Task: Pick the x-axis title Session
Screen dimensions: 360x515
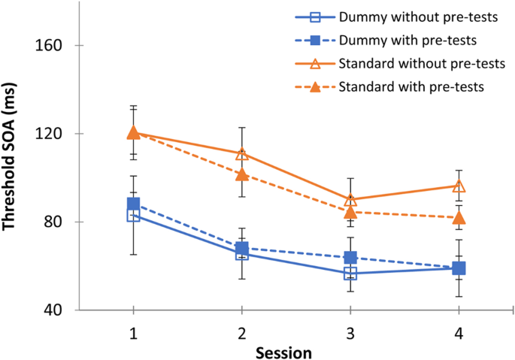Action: click(x=283, y=352)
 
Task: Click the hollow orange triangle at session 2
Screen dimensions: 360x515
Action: click(x=241, y=154)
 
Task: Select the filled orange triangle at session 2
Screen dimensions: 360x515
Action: click(x=241, y=174)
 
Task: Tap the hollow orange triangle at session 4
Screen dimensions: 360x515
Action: click(x=458, y=186)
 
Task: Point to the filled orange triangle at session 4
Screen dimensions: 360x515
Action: click(x=458, y=218)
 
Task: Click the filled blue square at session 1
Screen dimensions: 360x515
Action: click(x=133, y=204)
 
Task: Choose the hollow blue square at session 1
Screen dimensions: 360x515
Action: click(x=133, y=216)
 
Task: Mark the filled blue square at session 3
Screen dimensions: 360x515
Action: click(x=350, y=258)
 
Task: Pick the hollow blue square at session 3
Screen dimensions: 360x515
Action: click(x=350, y=274)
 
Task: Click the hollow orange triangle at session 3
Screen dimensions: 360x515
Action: click(x=350, y=200)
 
